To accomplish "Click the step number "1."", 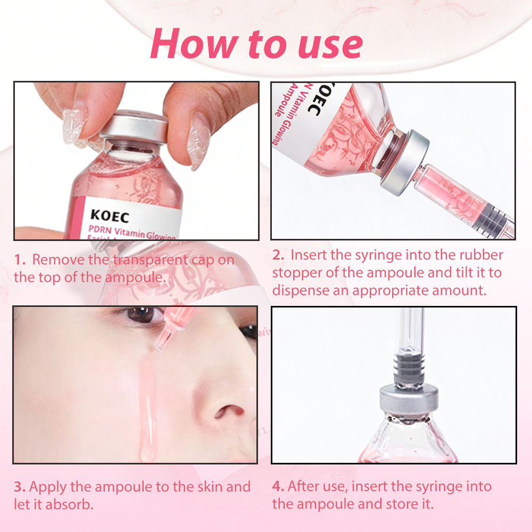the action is (x=20, y=260).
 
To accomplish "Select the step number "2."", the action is (x=278, y=255).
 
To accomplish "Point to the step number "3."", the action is (x=20, y=487).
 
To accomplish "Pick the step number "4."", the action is (x=278, y=486).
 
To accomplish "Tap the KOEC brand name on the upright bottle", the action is (x=110, y=216).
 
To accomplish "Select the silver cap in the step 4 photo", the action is (x=409, y=400).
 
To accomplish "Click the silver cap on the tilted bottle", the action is (x=405, y=162).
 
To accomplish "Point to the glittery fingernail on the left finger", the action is (x=72, y=126).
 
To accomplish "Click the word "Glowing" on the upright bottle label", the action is (x=160, y=235).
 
